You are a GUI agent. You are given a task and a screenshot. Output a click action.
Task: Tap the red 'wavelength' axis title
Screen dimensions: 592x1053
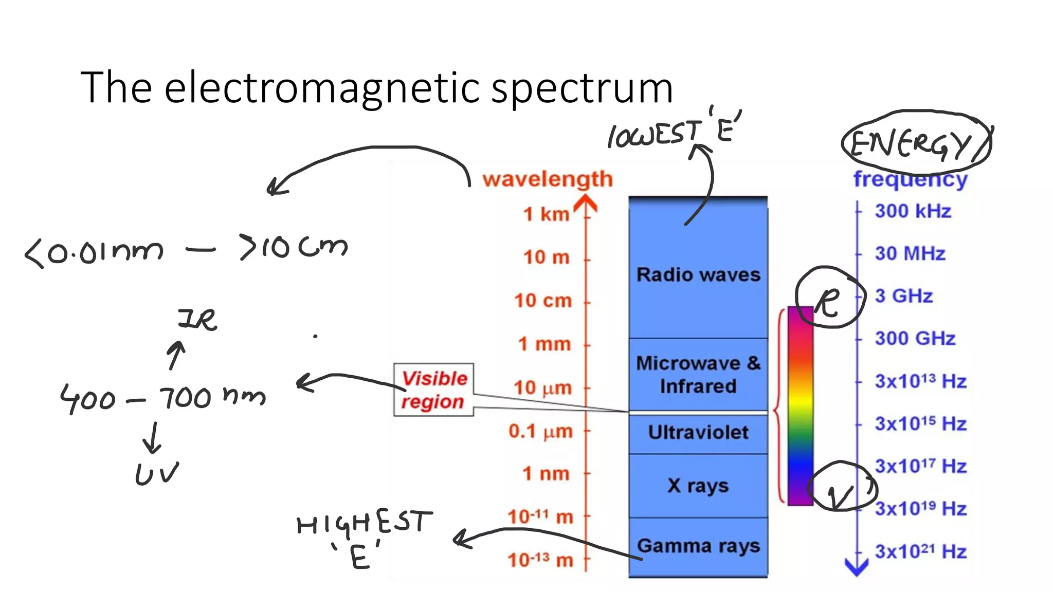tap(548, 179)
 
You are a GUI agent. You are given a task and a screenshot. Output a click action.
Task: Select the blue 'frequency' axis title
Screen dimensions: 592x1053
tap(911, 179)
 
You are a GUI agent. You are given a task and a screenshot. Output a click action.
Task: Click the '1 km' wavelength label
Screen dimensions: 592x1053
tap(546, 214)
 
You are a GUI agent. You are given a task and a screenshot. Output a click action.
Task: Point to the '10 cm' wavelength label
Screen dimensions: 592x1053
tap(543, 300)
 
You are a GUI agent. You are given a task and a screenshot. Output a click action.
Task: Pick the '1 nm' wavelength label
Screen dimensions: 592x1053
tap(546, 473)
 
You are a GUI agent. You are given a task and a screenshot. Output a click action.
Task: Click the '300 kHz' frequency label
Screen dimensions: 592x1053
tap(913, 211)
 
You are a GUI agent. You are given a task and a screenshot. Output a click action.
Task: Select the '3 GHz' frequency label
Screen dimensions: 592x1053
tap(904, 296)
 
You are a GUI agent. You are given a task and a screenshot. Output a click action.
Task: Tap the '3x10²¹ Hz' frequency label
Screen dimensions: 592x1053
tap(921, 551)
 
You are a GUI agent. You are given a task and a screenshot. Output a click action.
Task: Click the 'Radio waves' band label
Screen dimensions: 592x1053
tap(698, 274)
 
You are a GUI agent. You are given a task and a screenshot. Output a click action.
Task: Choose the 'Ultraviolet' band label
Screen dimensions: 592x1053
tap(698, 432)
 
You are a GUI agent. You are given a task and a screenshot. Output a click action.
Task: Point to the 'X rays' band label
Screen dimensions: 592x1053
tap(698, 486)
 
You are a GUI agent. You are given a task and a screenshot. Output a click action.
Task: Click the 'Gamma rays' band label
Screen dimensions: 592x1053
tap(698, 546)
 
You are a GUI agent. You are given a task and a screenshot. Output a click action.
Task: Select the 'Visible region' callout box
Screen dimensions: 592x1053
tap(433, 390)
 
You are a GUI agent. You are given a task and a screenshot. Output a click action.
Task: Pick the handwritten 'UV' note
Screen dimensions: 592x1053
tap(157, 473)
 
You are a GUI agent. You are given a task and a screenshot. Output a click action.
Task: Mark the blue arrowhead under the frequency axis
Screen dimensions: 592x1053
tap(857, 567)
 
